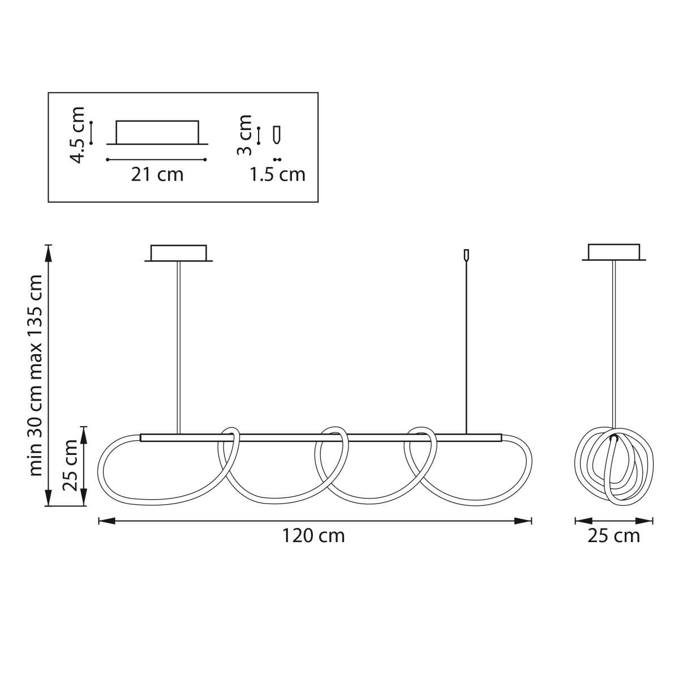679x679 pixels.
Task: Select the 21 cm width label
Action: pyautogui.click(x=157, y=174)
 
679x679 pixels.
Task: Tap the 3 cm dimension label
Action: pyautogui.click(x=244, y=135)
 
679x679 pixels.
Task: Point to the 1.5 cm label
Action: pyautogui.click(x=277, y=174)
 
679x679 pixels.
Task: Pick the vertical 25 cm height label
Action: pyautogui.click(x=70, y=466)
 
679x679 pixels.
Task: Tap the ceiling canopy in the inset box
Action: pyautogui.click(x=157, y=132)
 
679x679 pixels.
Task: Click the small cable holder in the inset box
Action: pyautogui.click(x=278, y=135)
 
